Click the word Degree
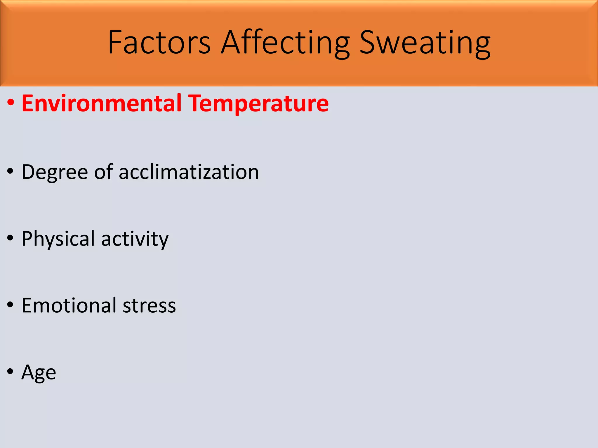point(55,172)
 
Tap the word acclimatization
point(189,172)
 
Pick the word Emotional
point(69,305)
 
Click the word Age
point(39,373)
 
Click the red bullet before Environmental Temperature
point(11,103)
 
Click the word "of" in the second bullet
point(103,171)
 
